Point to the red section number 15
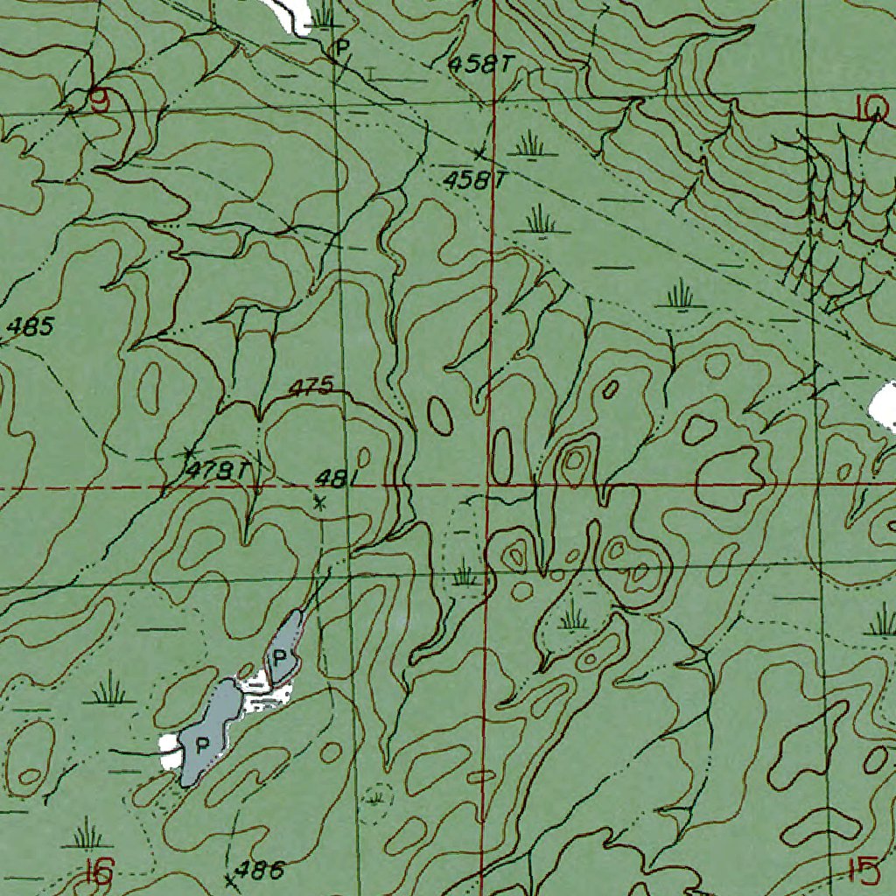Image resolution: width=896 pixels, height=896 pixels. pos(863,871)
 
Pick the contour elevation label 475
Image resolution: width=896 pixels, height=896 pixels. pos(311,387)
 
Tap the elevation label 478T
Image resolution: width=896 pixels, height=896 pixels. pos(218,471)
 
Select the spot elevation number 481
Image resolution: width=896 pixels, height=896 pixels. pos(333,479)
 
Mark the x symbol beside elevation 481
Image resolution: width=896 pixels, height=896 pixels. pos(319,503)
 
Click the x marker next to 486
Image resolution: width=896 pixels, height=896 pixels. pos(230,881)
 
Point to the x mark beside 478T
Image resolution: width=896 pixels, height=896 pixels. pos(188,452)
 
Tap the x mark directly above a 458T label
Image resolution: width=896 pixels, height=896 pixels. pos(479,153)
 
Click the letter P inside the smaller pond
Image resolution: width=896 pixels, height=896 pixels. pos(280,656)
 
